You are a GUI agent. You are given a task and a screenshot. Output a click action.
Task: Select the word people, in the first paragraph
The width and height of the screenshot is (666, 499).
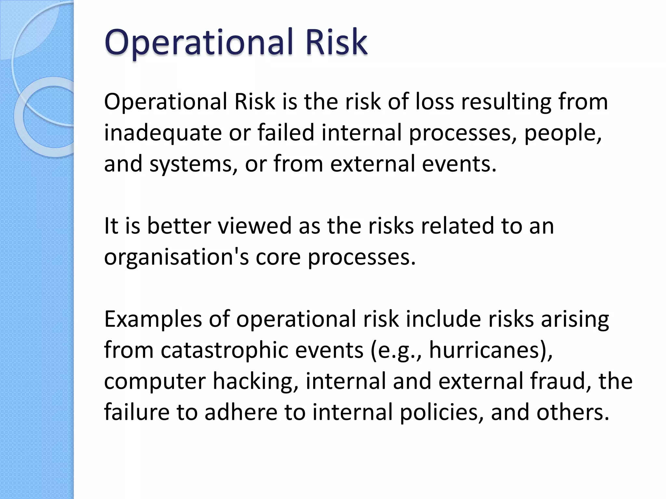pyautogui.click(x=563, y=133)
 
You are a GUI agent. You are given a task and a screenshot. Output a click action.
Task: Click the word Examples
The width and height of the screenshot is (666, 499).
pyautogui.click(x=153, y=320)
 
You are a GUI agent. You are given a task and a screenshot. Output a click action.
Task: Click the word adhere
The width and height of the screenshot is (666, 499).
pyautogui.click(x=241, y=413)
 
